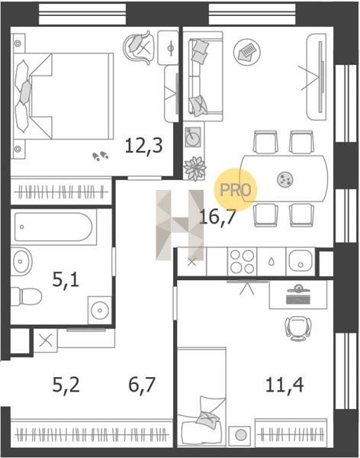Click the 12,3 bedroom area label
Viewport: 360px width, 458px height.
point(143,146)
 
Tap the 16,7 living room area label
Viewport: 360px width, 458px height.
point(217,218)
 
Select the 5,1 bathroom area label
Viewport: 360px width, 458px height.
point(66,279)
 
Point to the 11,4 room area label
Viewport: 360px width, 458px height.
point(284,385)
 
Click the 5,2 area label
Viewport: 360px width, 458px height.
point(66,385)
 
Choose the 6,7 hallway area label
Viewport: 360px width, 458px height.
point(142,385)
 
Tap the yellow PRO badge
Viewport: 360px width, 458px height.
point(236,189)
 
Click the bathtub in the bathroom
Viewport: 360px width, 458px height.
point(53,227)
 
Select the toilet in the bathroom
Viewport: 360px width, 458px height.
point(26,297)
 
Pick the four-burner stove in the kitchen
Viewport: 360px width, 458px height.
point(242,262)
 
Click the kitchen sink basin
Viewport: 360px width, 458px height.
point(301,261)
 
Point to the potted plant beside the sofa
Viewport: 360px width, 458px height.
point(194,169)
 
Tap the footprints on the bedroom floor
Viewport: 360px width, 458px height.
point(101,156)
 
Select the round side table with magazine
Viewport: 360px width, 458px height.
point(247,52)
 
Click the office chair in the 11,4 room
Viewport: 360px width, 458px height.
point(298,328)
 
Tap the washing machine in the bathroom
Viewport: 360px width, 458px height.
point(100,310)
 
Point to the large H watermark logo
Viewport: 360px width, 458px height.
point(179,225)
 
